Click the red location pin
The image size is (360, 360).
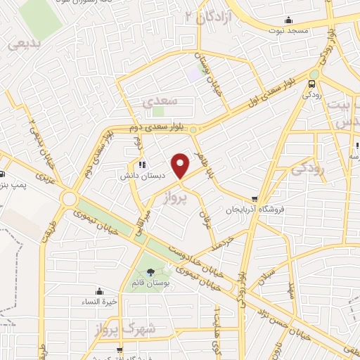point(181,166)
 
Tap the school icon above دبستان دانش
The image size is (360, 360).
point(142,165)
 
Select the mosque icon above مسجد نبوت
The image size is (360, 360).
point(288,20)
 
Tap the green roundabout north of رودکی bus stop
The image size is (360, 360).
point(314,72)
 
